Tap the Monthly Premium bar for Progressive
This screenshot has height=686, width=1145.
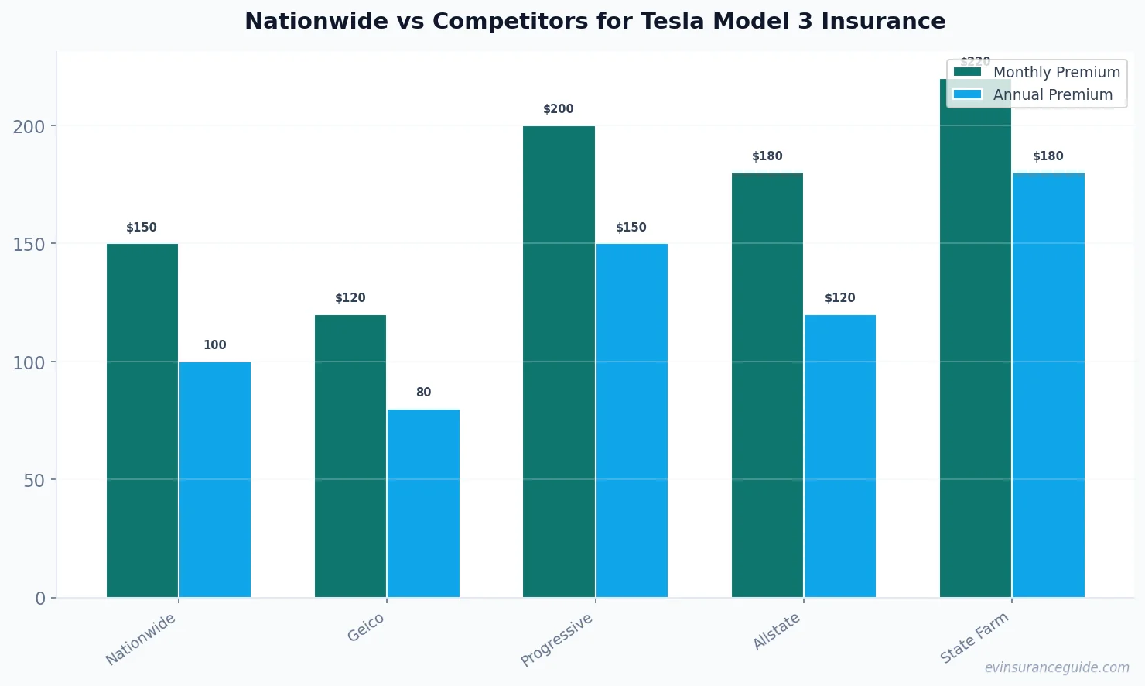(559, 362)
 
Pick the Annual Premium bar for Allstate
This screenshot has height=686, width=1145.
(839, 456)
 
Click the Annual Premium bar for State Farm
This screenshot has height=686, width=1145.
(1048, 385)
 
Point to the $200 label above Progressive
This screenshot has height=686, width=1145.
(559, 109)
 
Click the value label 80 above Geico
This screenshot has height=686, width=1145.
(423, 393)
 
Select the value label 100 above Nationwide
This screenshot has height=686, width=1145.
(215, 345)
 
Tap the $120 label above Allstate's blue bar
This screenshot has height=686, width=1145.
(839, 298)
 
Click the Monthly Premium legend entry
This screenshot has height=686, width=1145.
(1037, 72)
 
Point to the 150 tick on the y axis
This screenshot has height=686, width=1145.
(29, 245)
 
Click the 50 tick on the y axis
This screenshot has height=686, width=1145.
(34, 481)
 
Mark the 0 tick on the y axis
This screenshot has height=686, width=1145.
(40, 599)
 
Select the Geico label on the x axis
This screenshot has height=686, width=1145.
(366, 627)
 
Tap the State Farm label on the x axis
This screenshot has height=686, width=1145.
(974, 637)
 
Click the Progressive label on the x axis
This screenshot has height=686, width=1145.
(556, 640)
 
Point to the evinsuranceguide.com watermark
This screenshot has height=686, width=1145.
(1057, 667)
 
